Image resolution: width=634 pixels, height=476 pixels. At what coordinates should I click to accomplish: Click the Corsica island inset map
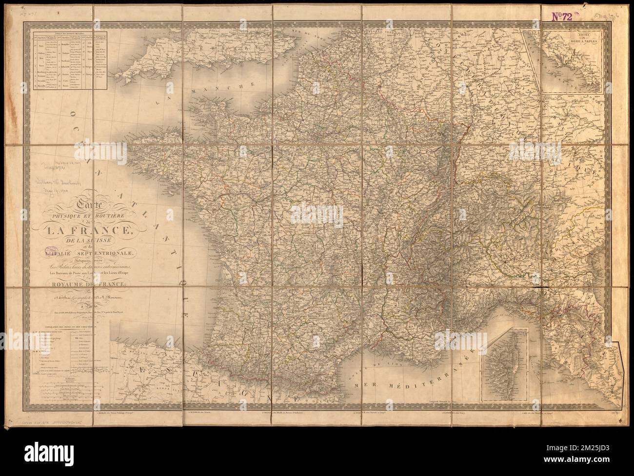(x=505, y=363)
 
